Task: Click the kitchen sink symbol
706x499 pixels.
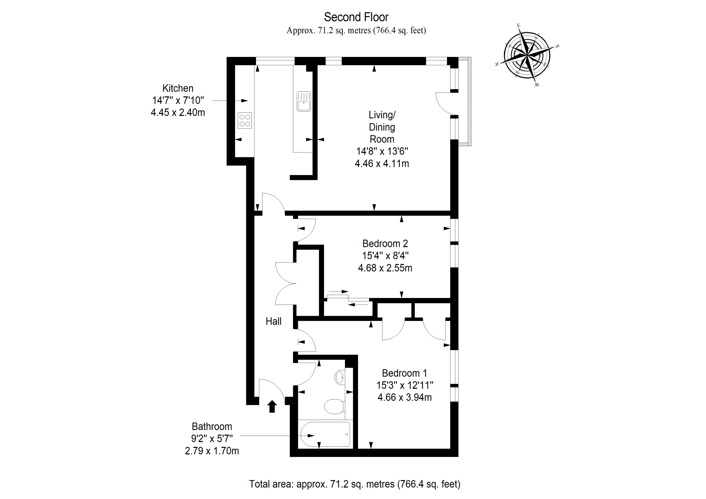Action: coord(304,101)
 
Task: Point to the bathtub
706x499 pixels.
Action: coord(326,434)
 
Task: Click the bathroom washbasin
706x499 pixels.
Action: coord(339,377)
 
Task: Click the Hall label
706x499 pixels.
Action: coord(273,321)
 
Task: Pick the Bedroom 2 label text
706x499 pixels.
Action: coord(385,244)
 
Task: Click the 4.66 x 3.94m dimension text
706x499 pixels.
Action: coord(404,397)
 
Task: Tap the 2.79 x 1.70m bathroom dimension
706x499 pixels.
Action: coord(212,451)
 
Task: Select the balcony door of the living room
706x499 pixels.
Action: coord(444,104)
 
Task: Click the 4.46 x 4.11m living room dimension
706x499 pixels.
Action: coord(382,164)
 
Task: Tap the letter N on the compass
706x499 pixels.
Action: coord(496,64)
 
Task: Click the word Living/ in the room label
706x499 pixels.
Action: coord(382,115)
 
